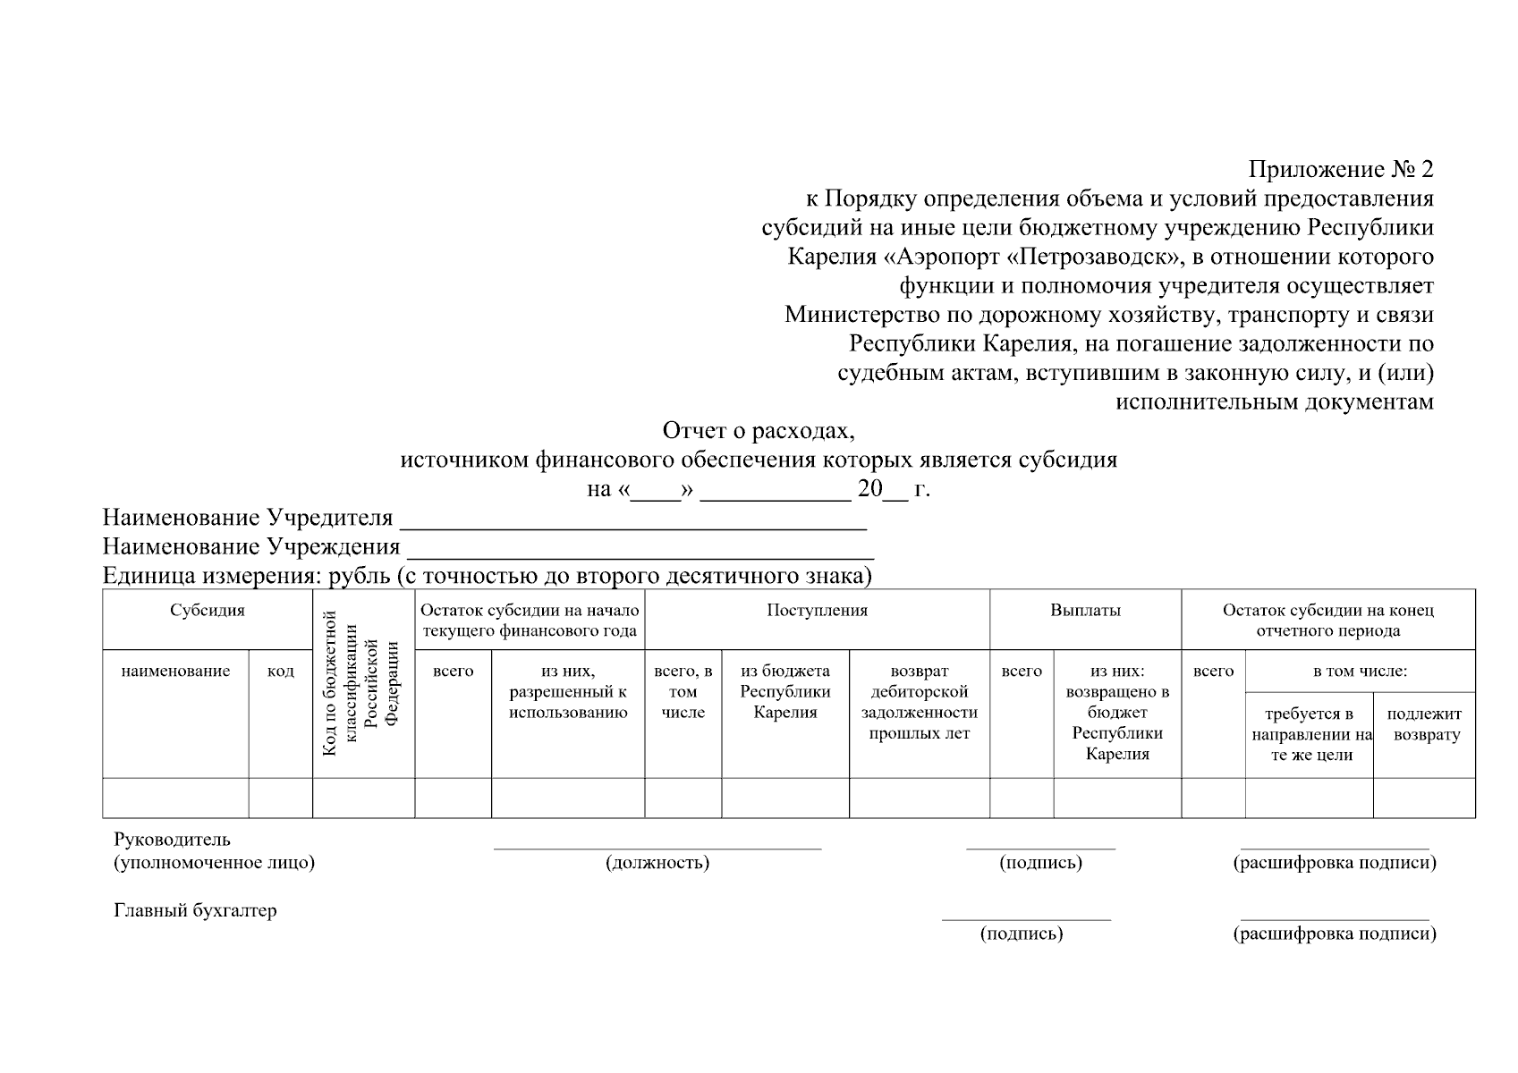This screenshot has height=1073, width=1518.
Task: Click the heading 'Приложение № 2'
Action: point(1341,169)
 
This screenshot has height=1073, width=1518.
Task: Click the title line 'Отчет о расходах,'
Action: point(759,431)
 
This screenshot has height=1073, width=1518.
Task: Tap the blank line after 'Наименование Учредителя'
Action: point(632,519)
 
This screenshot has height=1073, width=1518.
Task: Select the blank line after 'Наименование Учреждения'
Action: point(640,547)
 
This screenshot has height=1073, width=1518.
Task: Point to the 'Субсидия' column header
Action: point(208,611)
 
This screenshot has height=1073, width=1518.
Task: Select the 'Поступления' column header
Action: point(817,611)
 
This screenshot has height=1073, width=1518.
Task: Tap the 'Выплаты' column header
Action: point(1085,611)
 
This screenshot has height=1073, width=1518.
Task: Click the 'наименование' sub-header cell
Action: point(175,672)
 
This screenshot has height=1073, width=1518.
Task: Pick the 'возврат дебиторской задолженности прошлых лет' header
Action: point(919,702)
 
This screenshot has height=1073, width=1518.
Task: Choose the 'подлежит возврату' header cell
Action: point(1424,724)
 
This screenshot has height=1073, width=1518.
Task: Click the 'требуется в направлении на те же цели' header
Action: point(1310,734)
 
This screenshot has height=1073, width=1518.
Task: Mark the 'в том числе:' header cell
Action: point(1360,672)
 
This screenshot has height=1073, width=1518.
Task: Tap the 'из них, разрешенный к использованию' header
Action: point(568,692)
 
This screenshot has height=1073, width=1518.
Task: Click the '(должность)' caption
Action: point(657,863)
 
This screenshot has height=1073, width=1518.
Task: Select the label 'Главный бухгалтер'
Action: point(195,911)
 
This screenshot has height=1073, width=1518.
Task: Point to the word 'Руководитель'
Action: point(172,840)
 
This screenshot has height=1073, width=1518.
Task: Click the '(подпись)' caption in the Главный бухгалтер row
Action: point(1022,934)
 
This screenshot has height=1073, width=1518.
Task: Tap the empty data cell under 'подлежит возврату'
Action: point(1424,798)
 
